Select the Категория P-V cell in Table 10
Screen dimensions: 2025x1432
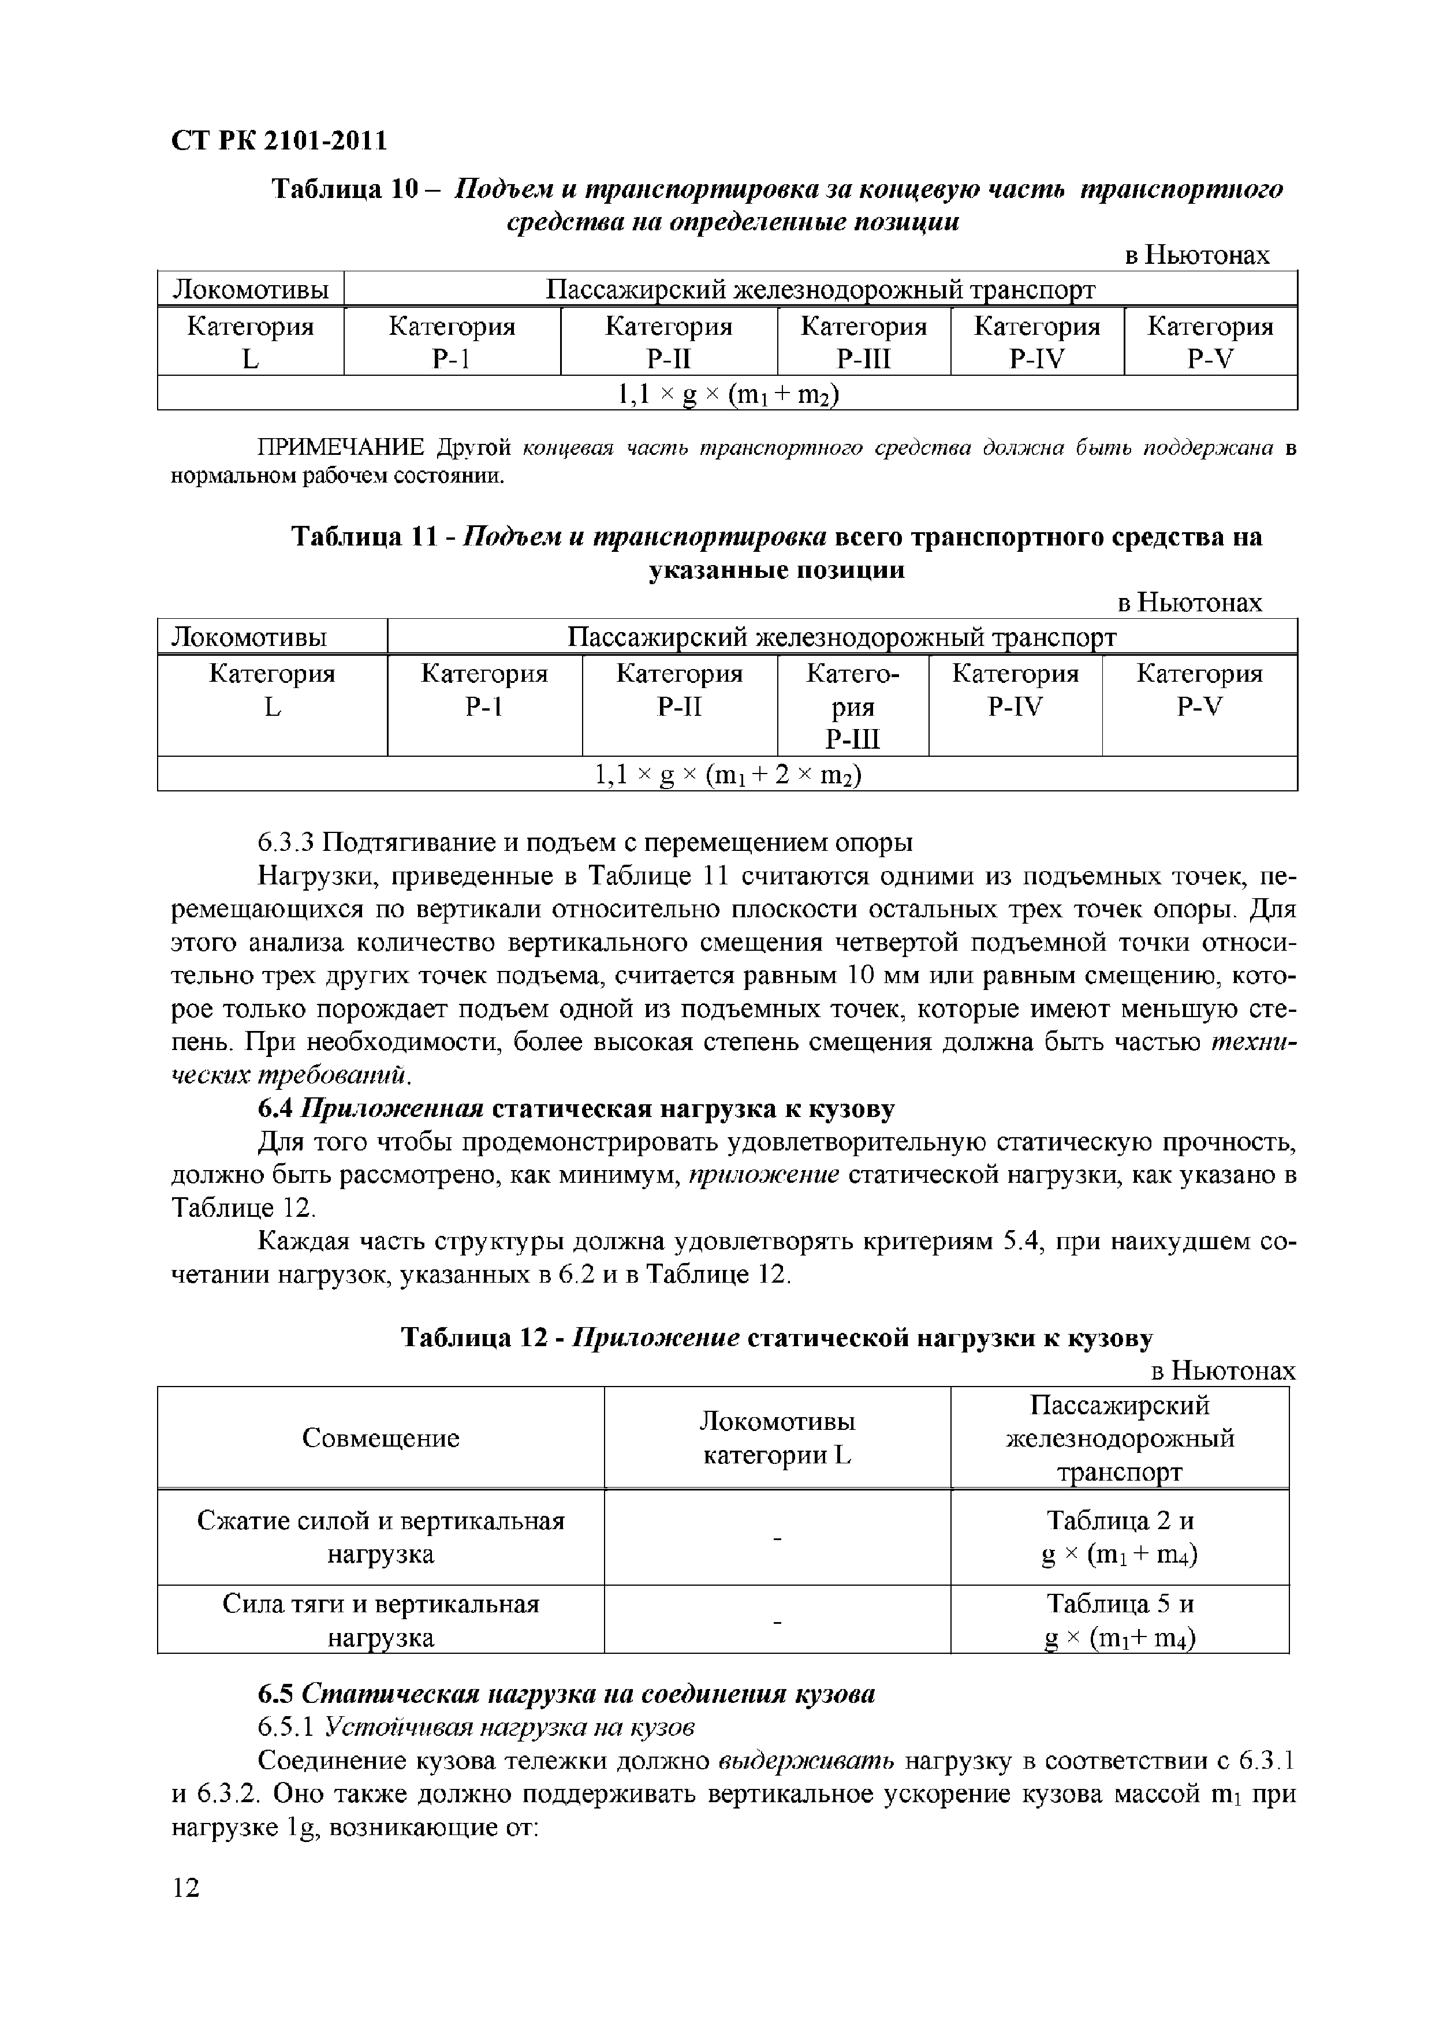pos(1210,342)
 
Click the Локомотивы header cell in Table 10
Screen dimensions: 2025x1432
pos(251,289)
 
